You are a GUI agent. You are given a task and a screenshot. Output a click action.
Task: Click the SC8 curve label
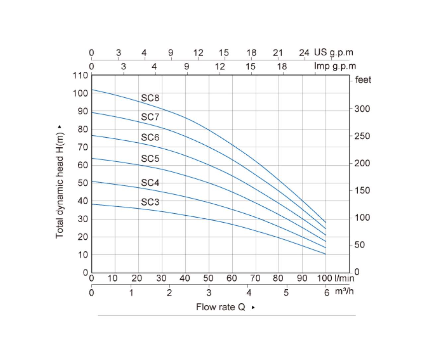tap(150, 98)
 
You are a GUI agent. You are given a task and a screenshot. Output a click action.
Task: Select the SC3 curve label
tap(150, 202)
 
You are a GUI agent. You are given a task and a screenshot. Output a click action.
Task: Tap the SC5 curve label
tap(150, 159)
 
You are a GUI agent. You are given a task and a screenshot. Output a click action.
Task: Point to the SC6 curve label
tap(150, 137)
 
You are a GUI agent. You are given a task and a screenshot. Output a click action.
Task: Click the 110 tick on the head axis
tap(80, 76)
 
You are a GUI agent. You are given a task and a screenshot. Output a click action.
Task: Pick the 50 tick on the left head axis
tap(83, 183)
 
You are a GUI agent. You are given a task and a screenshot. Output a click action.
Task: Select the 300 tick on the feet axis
tap(362, 109)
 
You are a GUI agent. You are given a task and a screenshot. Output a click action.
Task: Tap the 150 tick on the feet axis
tap(362, 190)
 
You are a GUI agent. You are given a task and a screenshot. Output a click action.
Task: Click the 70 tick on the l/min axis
tap(255, 278)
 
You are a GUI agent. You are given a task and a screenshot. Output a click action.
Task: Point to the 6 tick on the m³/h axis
tap(327, 293)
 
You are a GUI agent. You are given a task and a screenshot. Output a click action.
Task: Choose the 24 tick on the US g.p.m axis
tap(304, 53)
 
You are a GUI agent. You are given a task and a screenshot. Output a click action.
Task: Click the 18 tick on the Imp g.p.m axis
tap(282, 67)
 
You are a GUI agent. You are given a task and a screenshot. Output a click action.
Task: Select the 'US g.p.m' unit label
tap(333, 53)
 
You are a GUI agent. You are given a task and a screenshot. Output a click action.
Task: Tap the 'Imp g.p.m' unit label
tap(335, 66)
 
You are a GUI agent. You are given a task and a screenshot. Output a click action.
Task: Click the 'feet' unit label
tap(363, 80)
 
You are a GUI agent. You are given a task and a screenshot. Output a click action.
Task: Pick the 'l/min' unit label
tap(344, 278)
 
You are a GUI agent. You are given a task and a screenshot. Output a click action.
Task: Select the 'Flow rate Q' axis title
tap(220, 307)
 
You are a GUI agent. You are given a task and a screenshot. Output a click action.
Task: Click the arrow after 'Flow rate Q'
tap(253, 308)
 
